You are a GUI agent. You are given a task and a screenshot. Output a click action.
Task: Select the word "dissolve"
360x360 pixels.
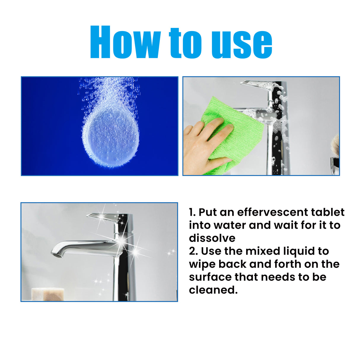212,238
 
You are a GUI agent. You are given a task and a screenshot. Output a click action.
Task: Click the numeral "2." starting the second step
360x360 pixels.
193,251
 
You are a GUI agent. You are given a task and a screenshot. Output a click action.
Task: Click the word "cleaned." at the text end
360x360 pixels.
213,290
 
